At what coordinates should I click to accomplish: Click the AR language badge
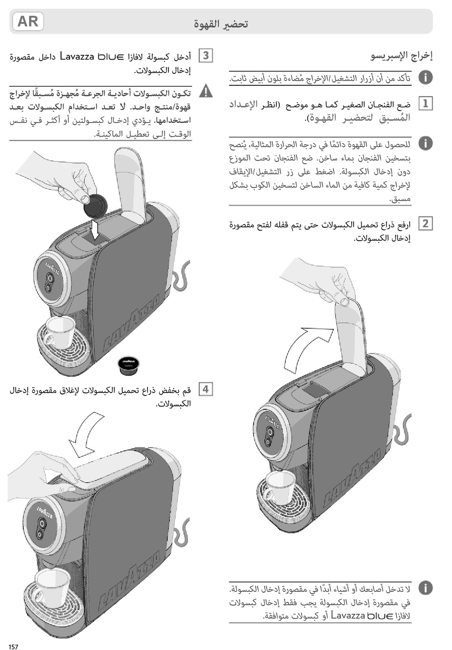pyautogui.click(x=28, y=22)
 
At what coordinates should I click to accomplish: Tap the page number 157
pyautogui.click(x=13, y=646)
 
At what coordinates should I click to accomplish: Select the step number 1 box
pyautogui.click(x=425, y=103)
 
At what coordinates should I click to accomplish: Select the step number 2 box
pyautogui.click(x=425, y=223)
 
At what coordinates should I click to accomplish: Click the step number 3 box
pyautogui.click(x=206, y=56)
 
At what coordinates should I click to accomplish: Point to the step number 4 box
pyautogui.click(x=206, y=389)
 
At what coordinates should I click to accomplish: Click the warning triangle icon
pyautogui.click(x=206, y=91)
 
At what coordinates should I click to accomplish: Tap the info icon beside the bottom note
pyautogui.click(x=425, y=588)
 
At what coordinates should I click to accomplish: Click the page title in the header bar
pyautogui.click(x=221, y=24)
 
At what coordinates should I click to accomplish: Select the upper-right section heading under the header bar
pyautogui.click(x=402, y=56)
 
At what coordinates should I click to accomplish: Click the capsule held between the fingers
pyautogui.click(x=96, y=205)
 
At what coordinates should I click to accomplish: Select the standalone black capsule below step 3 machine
pyautogui.click(x=128, y=365)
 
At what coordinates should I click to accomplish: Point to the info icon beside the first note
pyautogui.click(x=425, y=77)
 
